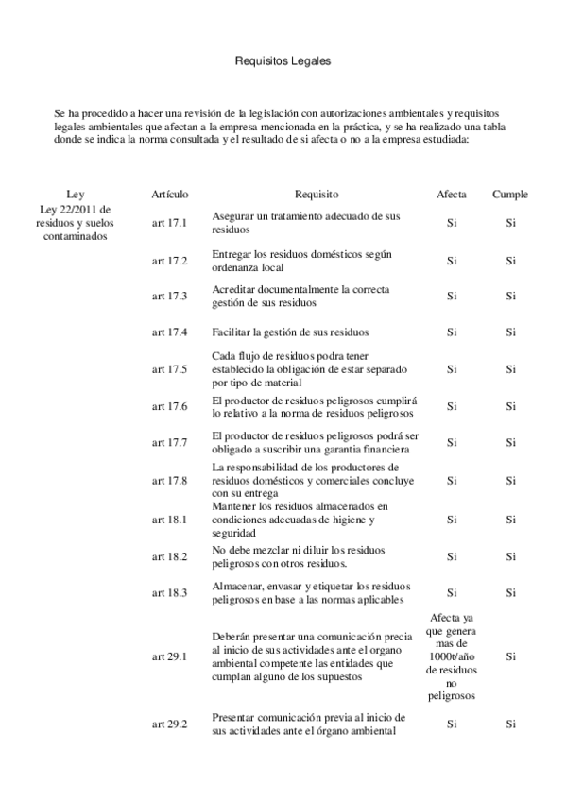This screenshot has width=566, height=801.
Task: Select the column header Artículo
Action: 170,194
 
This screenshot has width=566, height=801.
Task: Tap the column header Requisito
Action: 316,194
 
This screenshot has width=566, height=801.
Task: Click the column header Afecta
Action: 451,194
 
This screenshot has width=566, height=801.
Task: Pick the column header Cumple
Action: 510,194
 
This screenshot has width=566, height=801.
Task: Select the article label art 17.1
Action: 170,223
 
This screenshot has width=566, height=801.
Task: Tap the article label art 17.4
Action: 170,332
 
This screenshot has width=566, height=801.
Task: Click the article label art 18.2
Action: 170,556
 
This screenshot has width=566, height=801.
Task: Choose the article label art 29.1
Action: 170,656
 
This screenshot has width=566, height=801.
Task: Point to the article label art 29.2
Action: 170,724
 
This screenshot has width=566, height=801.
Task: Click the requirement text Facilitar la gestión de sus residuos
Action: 290,332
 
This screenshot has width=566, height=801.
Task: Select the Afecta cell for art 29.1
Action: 451,656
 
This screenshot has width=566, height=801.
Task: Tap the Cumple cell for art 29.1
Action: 510,656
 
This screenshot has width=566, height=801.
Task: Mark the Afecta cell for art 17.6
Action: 451,406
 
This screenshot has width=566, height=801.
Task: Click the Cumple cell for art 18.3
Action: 510,592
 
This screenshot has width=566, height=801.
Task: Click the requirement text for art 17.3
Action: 300,296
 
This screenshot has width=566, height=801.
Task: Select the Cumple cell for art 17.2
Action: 510,261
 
